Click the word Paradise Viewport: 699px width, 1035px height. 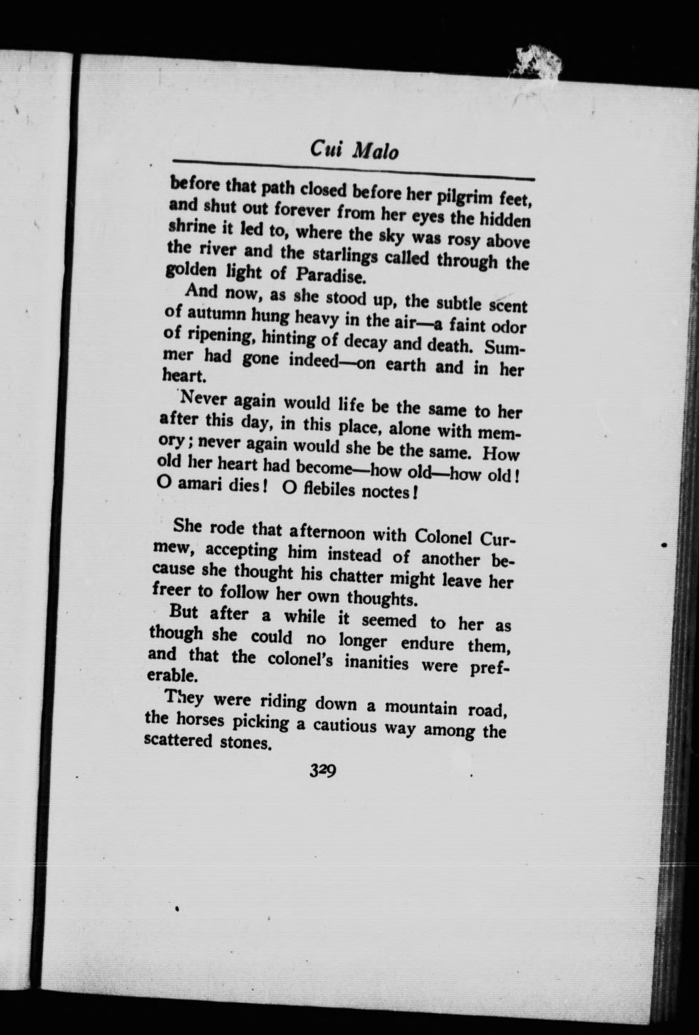pyautogui.click(x=331, y=276)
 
